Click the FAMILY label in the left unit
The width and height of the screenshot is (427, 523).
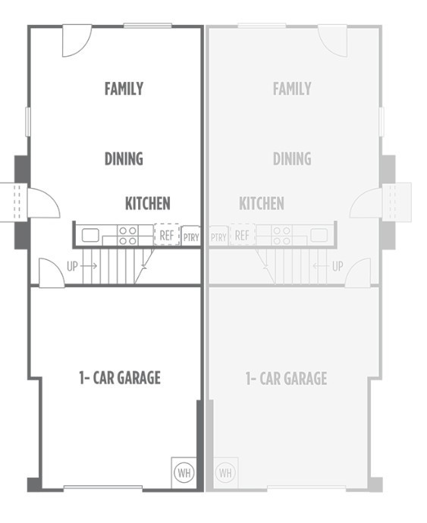click(124, 89)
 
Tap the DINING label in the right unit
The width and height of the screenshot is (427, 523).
click(292, 158)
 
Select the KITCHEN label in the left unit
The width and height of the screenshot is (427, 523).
click(147, 203)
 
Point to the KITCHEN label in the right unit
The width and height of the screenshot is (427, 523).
click(262, 203)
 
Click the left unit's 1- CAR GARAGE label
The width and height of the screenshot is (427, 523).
click(120, 377)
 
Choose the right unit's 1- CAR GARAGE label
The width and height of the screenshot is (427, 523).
click(286, 377)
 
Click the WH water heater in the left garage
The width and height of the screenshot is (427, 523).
click(184, 472)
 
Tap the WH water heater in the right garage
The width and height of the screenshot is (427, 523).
click(225, 472)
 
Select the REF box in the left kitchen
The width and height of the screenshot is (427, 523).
click(167, 235)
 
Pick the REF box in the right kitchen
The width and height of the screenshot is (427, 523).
click(242, 235)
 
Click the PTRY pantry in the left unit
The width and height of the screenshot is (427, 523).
click(191, 236)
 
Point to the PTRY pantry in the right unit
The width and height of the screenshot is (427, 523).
click(218, 236)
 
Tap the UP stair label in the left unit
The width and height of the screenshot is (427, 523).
click(73, 266)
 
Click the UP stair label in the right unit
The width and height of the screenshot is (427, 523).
click(338, 266)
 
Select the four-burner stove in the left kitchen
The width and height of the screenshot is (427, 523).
click(127, 235)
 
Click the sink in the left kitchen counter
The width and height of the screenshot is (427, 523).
click(90, 235)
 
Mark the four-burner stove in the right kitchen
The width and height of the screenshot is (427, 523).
click(281, 235)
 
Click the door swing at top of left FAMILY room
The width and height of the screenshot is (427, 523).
click(76, 39)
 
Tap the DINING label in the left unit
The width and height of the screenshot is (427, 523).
click(124, 158)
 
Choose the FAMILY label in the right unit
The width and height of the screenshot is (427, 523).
click(292, 89)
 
